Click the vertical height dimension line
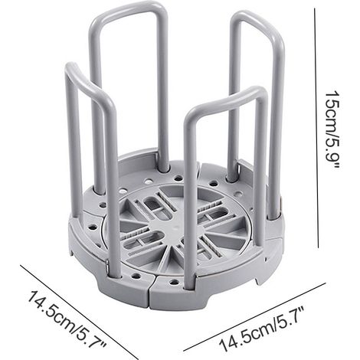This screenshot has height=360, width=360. [316, 128]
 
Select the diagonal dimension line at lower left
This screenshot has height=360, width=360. [78, 312]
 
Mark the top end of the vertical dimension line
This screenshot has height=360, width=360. [314, 8]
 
